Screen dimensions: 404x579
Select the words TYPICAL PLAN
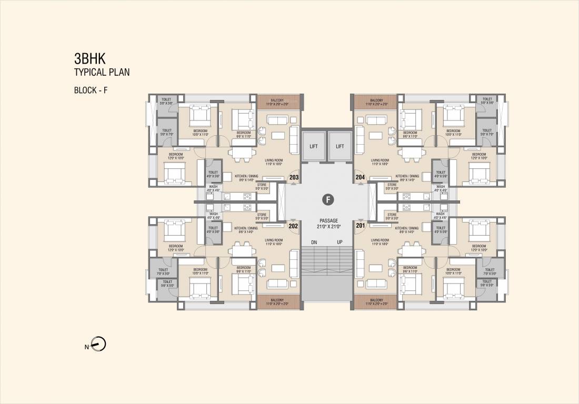(x=102, y=72)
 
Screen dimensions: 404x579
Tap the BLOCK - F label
(x=91, y=90)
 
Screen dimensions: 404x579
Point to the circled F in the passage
(x=327, y=199)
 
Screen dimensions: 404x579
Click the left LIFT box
(x=314, y=146)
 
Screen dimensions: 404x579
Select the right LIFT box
(x=340, y=146)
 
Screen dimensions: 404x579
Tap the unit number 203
(x=294, y=178)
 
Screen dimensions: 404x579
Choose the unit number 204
(x=361, y=178)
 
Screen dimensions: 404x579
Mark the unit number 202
(x=294, y=226)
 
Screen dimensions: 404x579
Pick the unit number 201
(x=361, y=226)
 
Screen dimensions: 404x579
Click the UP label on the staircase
(x=340, y=243)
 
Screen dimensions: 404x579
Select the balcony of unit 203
(x=278, y=102)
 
